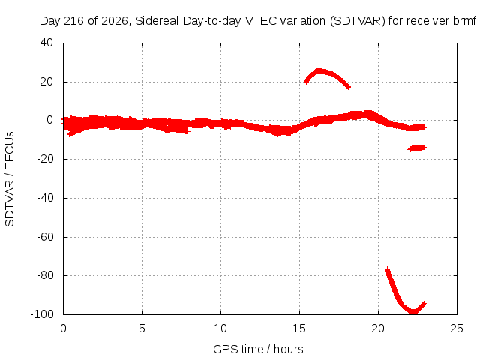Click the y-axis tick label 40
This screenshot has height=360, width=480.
[46, 43]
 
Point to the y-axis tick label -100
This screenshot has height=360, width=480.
[42, 313]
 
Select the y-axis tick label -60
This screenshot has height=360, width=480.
[45, 237]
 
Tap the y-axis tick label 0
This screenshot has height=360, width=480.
[50, 120]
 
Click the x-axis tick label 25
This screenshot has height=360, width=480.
[457, 328]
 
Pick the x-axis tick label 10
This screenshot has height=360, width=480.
[220, 328]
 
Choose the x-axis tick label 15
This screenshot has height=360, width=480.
[299, 328]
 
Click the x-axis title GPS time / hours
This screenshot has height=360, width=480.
[258, 349]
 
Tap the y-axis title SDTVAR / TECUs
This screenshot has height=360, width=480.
[10, 179]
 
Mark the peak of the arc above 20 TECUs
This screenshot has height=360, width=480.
[319, 71]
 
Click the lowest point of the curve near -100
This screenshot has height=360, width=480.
[413, 312]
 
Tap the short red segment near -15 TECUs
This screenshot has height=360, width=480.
[417, 148]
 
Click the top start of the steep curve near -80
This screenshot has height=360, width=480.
[387, 268]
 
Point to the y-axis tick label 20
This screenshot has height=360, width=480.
[46, 82]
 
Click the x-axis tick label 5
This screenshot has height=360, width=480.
[142, 328]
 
